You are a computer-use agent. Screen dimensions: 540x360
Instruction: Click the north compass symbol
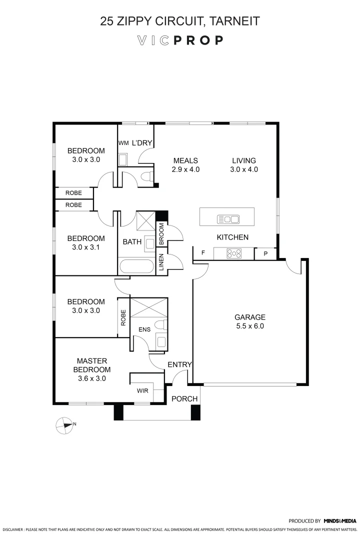tap(63, 424)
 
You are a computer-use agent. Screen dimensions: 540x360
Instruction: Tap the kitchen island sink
tap(227, 218)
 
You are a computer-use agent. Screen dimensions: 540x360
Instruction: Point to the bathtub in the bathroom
tap(136, 266)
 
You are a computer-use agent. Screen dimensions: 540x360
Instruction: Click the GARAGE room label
tap(250, 317)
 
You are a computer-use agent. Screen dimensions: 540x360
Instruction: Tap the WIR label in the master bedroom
tap(142, 390)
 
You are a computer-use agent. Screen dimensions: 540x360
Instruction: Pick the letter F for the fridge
tap(203, 253)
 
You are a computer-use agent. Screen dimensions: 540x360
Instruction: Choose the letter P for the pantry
tap(265, 254)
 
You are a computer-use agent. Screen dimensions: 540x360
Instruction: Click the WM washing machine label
tap(123, 143)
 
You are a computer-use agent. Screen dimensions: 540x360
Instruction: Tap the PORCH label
tap(184, 398)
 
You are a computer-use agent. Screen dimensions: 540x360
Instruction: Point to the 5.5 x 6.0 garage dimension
tap(250, 326)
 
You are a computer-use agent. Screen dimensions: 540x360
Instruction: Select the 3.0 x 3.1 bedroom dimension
tap(86, 247)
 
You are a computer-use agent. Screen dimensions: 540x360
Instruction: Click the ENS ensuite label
tap(143, 330)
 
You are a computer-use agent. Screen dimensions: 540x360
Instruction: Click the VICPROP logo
tap(180, 40)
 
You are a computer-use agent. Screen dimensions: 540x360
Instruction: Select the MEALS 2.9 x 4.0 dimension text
tap(185, 169)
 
